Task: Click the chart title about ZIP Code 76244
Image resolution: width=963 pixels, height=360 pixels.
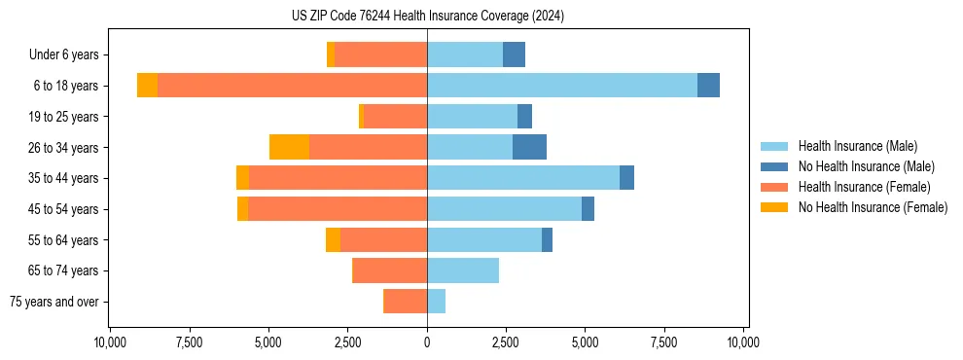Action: point(427,17)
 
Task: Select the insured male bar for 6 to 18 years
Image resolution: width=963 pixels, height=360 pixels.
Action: point(561,86)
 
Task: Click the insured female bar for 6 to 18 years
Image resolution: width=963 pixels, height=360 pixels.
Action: point(292,86)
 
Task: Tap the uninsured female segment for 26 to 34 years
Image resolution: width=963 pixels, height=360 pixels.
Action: point(289,147)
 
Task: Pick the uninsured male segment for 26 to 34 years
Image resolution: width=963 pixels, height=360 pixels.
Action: point(529,147)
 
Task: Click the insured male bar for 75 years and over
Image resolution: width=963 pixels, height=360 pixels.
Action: point(436,302)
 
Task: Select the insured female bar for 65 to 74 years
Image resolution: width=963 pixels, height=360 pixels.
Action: point(389,270)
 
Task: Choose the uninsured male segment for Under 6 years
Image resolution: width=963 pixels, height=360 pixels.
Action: point(514,54)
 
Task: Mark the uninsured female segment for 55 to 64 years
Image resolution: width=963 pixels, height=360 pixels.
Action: point(333,239)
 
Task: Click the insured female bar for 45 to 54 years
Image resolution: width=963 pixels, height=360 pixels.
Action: point(337,209)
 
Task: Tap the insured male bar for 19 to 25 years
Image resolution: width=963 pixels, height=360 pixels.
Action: point(472,117)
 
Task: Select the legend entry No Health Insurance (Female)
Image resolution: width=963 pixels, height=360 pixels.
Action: point(872,207)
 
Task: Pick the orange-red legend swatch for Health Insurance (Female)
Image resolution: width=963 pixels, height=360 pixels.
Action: point(775,187)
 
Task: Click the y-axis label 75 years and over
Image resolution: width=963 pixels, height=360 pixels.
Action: point(53,302)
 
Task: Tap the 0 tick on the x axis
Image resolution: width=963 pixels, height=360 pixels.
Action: point(427,342)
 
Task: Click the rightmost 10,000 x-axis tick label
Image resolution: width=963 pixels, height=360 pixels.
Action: point(743,342)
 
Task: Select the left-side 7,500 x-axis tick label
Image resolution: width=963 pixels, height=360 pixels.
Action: point(189,342)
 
